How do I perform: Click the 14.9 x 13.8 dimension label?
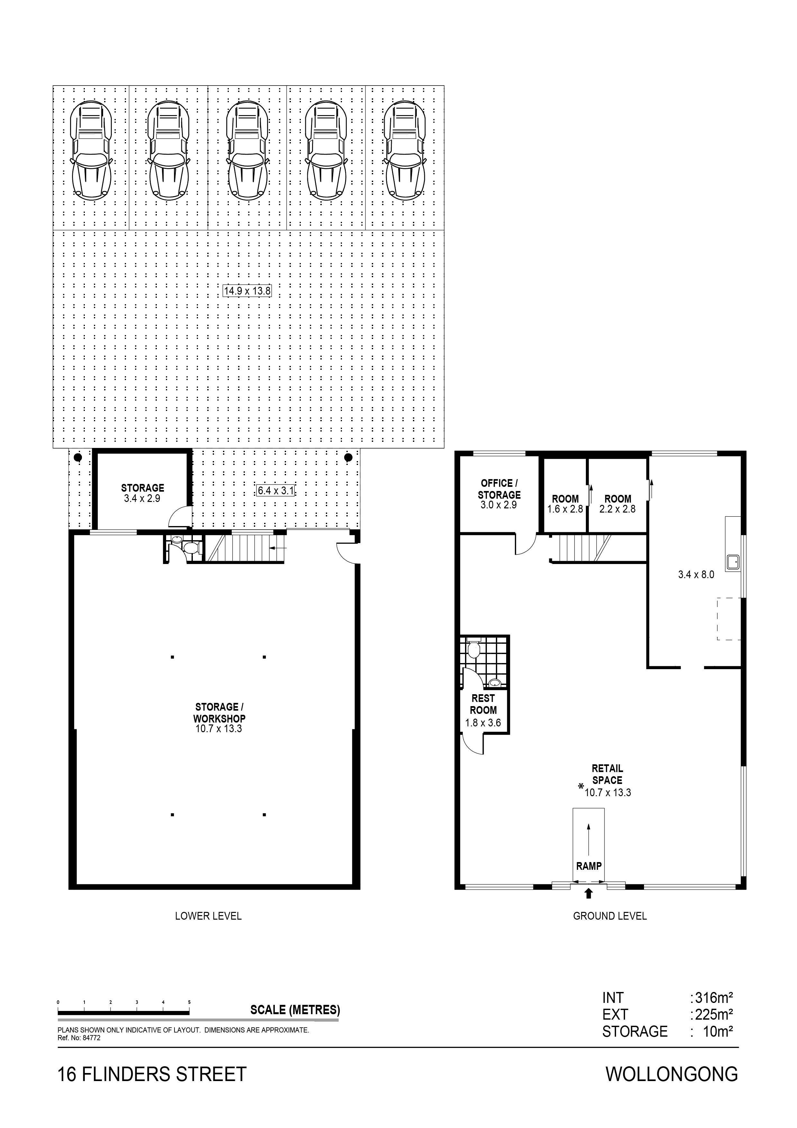point(247,291)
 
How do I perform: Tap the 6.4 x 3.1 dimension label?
point(275,490)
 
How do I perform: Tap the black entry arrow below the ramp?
point(588,894)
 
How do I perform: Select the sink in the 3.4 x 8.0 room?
point(733,561)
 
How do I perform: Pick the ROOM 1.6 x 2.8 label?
point(565,504)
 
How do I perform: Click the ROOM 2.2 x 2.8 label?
point(617,504)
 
